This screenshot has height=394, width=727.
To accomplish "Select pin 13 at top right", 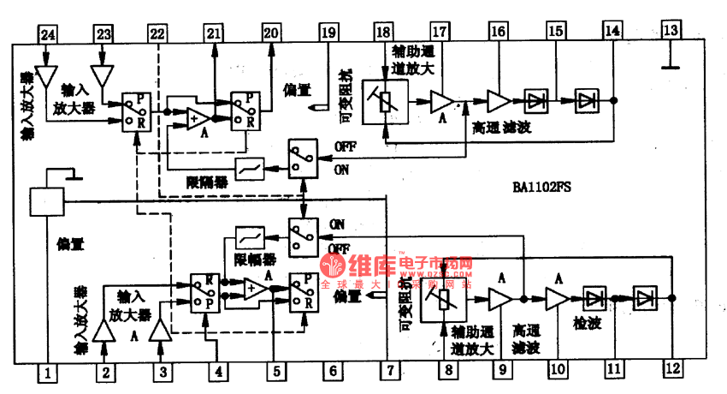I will click(x=671, y=32).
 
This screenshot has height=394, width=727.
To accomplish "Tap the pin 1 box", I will click(x=49, y=373).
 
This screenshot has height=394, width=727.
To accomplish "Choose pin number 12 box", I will click(x=672, y=369).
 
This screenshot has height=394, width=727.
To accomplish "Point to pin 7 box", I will click(x=388, y=372).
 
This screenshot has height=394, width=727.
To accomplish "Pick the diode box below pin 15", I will click(x=537, y=100).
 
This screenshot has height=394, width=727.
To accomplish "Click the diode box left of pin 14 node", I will click(x=587, y=100).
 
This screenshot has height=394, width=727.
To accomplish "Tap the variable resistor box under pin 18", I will click(x=384, y=99).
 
